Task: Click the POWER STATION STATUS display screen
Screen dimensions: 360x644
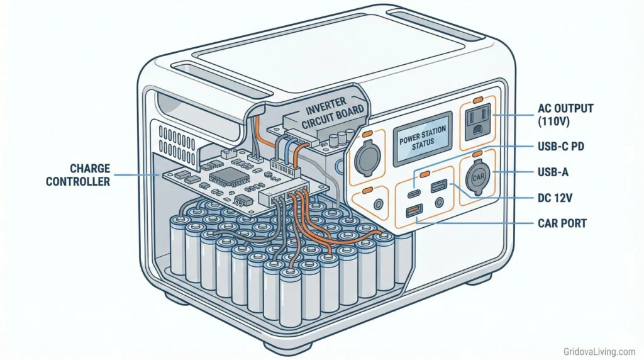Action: click(x=422, y=139)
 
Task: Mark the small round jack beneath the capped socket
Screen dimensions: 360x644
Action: click(x=378, y=205)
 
